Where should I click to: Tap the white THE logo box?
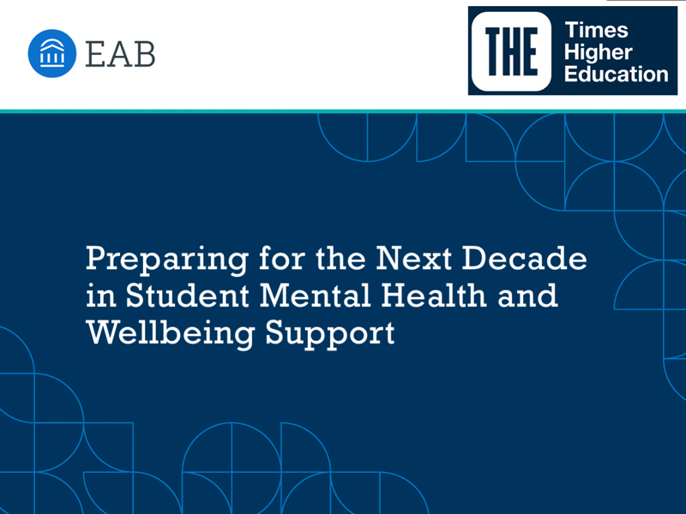coord(513,51)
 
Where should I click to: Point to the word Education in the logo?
coord(617,73)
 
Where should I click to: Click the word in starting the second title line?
coord(99,295)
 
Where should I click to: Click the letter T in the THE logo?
coord(491,51)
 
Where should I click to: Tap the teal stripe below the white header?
coord(343,110)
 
